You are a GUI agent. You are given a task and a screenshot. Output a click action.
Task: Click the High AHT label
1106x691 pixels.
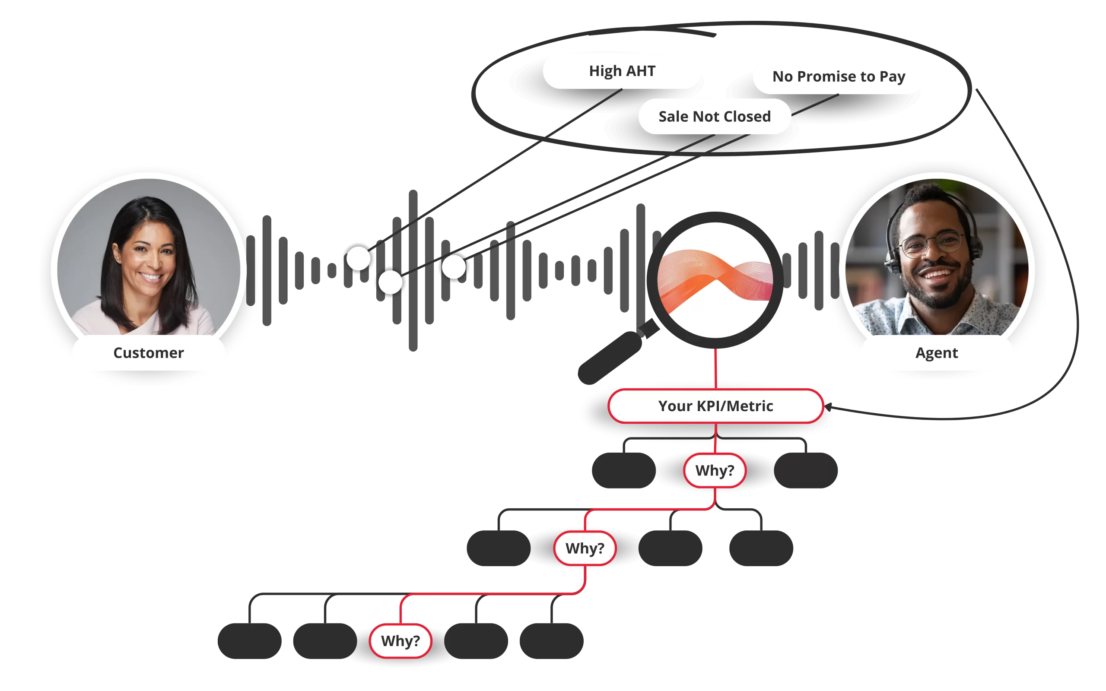pos(622,71)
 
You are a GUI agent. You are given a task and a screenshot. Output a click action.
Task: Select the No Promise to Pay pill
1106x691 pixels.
pos(839,76)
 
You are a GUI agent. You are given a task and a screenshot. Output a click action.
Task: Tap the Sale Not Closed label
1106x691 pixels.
pos(714,117)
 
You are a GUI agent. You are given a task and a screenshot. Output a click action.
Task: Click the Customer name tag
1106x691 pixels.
pos(149,353)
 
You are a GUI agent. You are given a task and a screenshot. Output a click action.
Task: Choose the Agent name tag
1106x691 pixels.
pos(937,353)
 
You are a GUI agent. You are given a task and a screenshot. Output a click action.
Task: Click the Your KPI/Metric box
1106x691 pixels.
pos(716,406)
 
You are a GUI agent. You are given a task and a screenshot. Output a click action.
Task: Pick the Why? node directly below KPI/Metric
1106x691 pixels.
pos(715,470)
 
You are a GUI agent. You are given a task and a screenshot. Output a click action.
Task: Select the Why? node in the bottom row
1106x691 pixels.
pos(400,641)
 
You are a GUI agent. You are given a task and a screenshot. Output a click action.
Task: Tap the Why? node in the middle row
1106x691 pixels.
pos(585,548)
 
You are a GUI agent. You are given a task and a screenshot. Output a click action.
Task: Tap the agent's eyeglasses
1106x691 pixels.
pos(932,244)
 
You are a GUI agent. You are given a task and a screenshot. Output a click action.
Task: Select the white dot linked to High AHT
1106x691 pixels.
pos(358,259)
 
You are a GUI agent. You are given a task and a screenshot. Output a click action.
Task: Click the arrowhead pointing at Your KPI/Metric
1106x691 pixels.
pos(828,407)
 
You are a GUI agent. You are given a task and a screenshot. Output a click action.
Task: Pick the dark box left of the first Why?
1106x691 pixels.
pos(624,470)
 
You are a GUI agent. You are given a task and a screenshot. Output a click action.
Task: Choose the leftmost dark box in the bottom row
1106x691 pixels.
pos(250,641)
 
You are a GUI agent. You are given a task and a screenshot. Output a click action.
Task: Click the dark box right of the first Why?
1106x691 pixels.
pos(806,470)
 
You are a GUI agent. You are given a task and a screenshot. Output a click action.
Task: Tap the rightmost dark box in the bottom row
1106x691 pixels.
pos(552,641)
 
